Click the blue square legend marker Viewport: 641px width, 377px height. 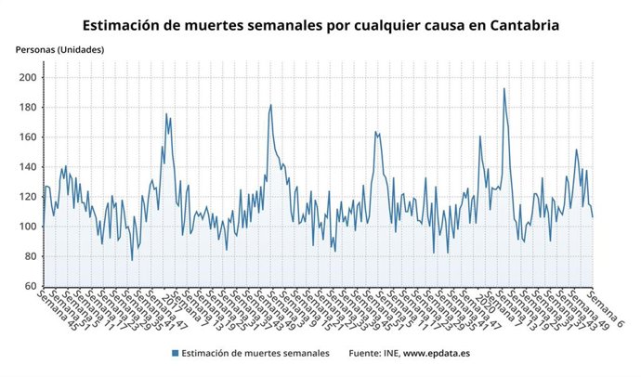[175, 353]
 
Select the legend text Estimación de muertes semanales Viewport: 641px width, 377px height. [255, 353]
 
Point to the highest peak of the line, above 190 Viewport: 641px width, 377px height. [504, 88]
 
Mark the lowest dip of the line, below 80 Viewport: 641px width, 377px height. [132, 260]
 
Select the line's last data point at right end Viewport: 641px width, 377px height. [593, 216]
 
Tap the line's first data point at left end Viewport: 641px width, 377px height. [42, 226]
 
